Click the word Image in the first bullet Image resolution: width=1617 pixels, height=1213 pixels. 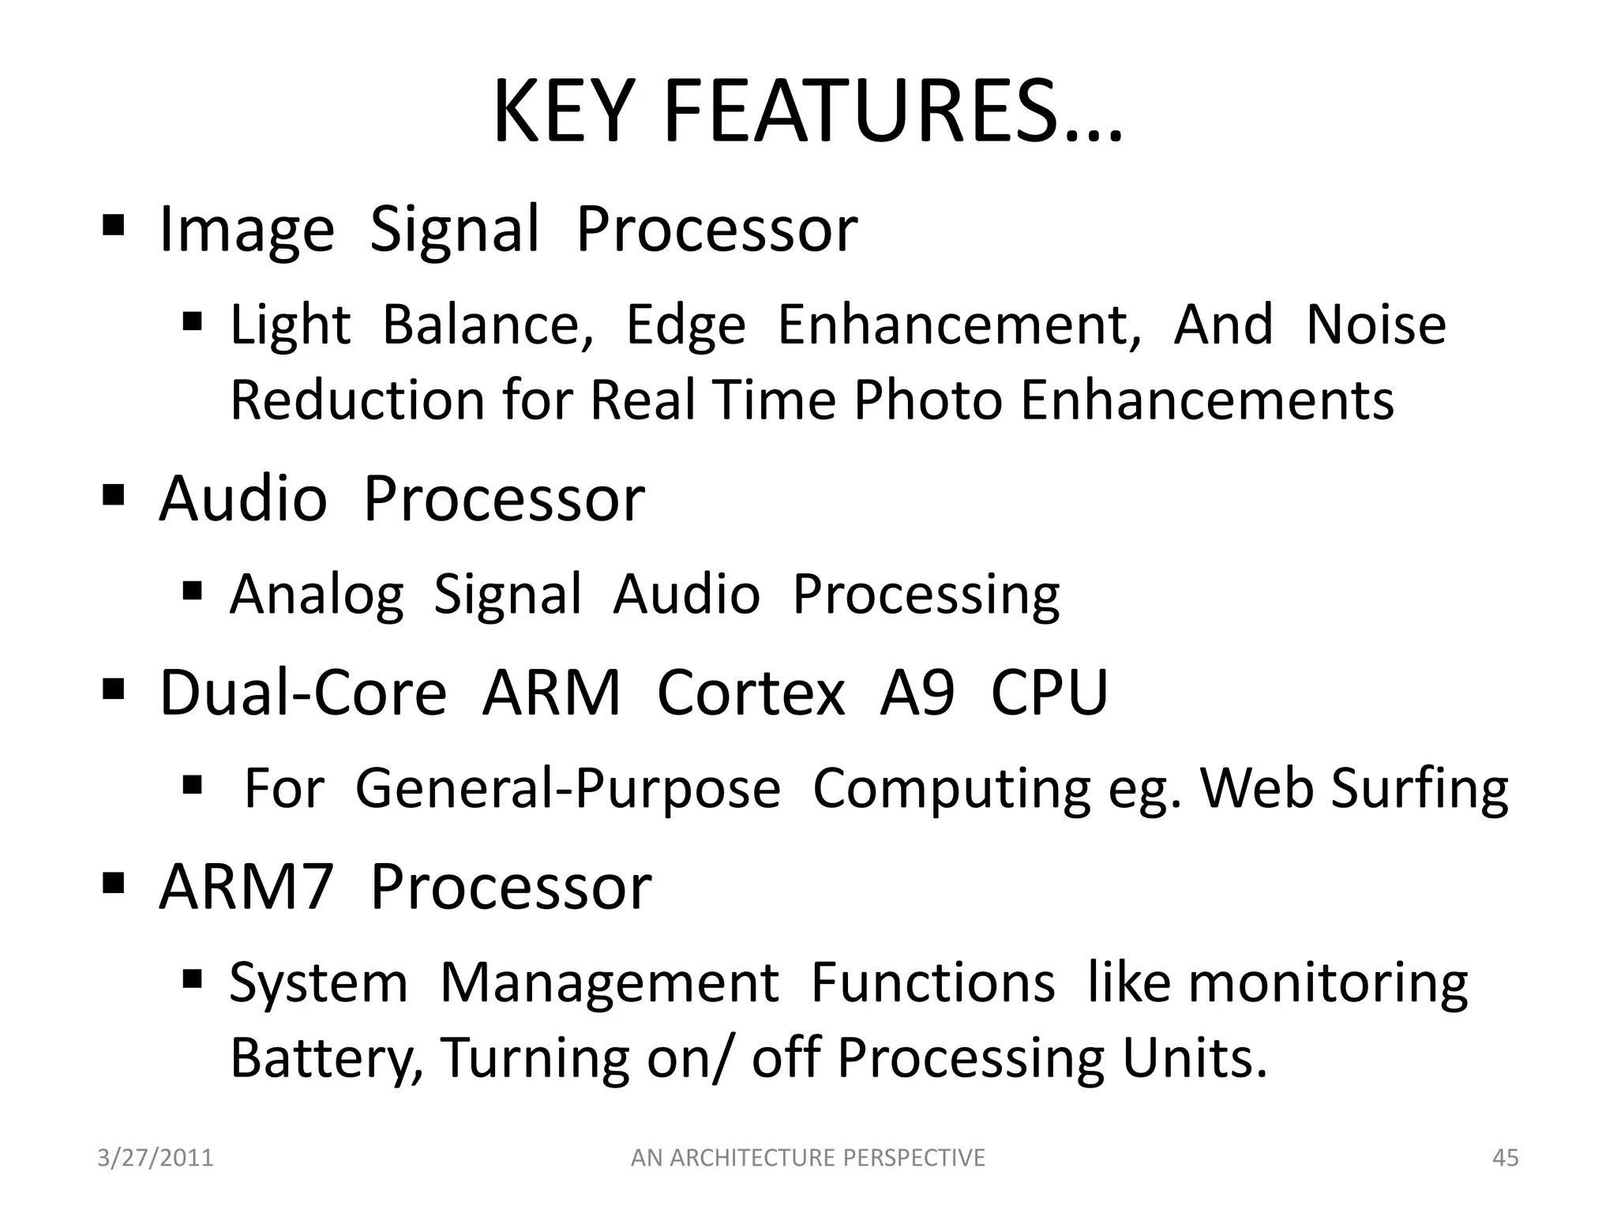coord(247,230)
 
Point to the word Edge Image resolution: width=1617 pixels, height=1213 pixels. coord(685,325)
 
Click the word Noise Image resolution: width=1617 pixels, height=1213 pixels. coord(1376,325)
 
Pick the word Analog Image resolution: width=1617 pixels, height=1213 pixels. coord(317,594)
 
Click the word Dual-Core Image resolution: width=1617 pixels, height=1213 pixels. coord(303,693)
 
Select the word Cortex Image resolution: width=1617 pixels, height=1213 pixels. coord(751,693)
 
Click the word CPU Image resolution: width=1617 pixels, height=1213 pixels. coord(1049,693)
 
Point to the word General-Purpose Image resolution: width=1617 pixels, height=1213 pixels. coord(568,788)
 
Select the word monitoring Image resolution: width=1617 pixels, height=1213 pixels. coord(1327,983)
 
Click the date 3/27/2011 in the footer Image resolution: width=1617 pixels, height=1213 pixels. coord(156,1158)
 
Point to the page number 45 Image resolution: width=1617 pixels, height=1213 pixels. coord(1506,1158)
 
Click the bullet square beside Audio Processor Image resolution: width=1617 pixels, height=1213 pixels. coord(114,498)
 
